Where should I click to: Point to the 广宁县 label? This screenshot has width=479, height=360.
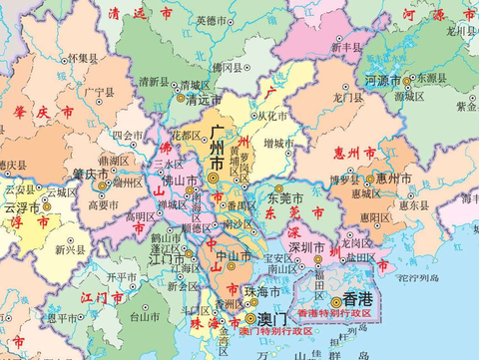[x=102, y=93]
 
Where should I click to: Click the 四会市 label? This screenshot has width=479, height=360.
[x=127, y=134]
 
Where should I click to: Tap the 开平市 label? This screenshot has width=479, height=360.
[x=121, y=276]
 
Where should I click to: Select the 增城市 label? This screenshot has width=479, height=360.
[x=280, y=144]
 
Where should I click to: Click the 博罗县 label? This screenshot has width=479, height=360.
[x=344, y=180]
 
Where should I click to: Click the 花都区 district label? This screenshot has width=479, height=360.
[x=189, y=135]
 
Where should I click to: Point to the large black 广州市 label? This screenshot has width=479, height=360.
[x=217, y=150]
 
